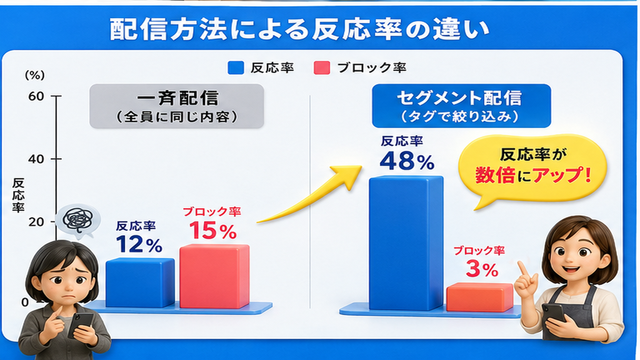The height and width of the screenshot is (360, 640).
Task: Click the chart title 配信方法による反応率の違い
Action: [299, 30]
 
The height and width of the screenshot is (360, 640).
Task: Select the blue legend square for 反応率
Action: [236, 67]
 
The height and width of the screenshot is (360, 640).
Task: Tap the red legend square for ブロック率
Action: [322, 67]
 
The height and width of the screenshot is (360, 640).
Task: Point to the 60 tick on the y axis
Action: [56, 96]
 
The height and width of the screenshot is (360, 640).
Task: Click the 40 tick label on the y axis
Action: [36, 159]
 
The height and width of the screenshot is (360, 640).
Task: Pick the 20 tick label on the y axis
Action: [36, 222]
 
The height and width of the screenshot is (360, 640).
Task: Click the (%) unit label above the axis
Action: [35, 75]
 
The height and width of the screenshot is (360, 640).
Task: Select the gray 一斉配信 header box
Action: [177, 106]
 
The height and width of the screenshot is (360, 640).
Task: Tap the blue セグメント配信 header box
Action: [461, 106]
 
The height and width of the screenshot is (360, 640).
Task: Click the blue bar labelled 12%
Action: [140, 282]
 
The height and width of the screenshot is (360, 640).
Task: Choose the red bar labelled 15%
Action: [214, 276]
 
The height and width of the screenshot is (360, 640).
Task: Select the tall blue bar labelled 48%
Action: [406, 243]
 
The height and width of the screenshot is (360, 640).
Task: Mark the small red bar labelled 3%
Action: [479, 297]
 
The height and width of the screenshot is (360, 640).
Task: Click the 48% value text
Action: [407, 161]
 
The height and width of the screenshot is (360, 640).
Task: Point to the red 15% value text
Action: [212, 230]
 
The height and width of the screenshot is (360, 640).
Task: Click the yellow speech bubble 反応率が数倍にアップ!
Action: [532, 167]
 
